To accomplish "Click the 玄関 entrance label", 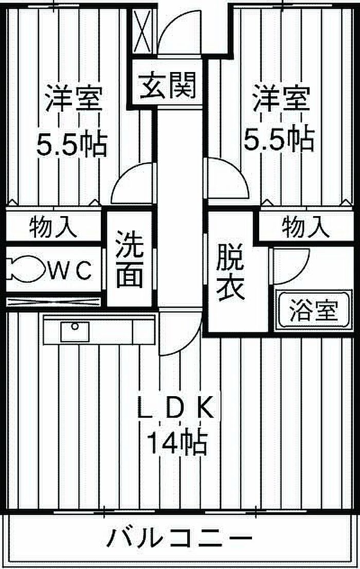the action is click(168, 85).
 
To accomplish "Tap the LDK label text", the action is click(176, 409).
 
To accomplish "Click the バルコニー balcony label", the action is click(179, 538).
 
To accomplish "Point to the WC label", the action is click(70, 270).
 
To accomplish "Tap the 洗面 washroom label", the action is click(130, 259).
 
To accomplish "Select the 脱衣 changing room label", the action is click(230, 272).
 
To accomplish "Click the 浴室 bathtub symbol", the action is click(314, 310).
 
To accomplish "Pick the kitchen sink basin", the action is click(75, 331).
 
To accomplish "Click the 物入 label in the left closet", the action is click(53, 227).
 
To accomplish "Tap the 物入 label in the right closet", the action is click(306, 227).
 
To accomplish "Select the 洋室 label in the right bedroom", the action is click(282, 98).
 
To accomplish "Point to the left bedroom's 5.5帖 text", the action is click(71, 144).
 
